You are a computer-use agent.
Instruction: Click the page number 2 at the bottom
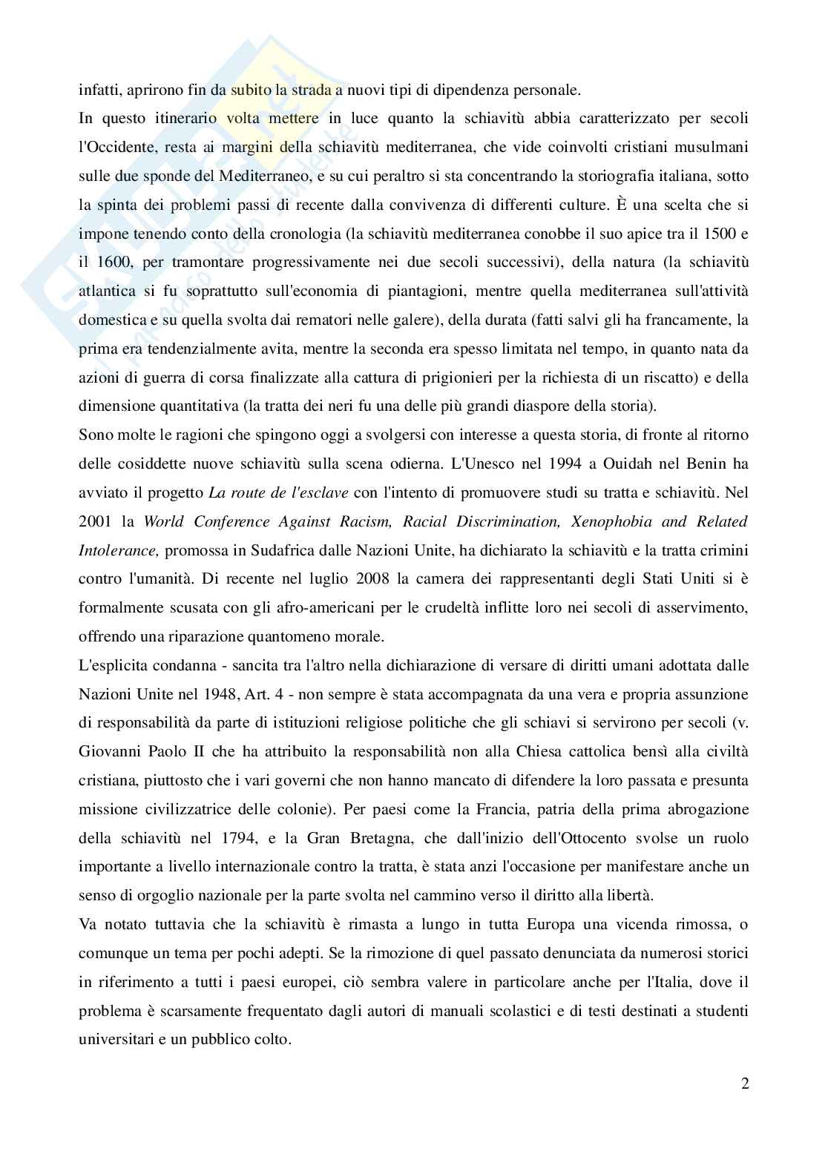(x=744, y=1083)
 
